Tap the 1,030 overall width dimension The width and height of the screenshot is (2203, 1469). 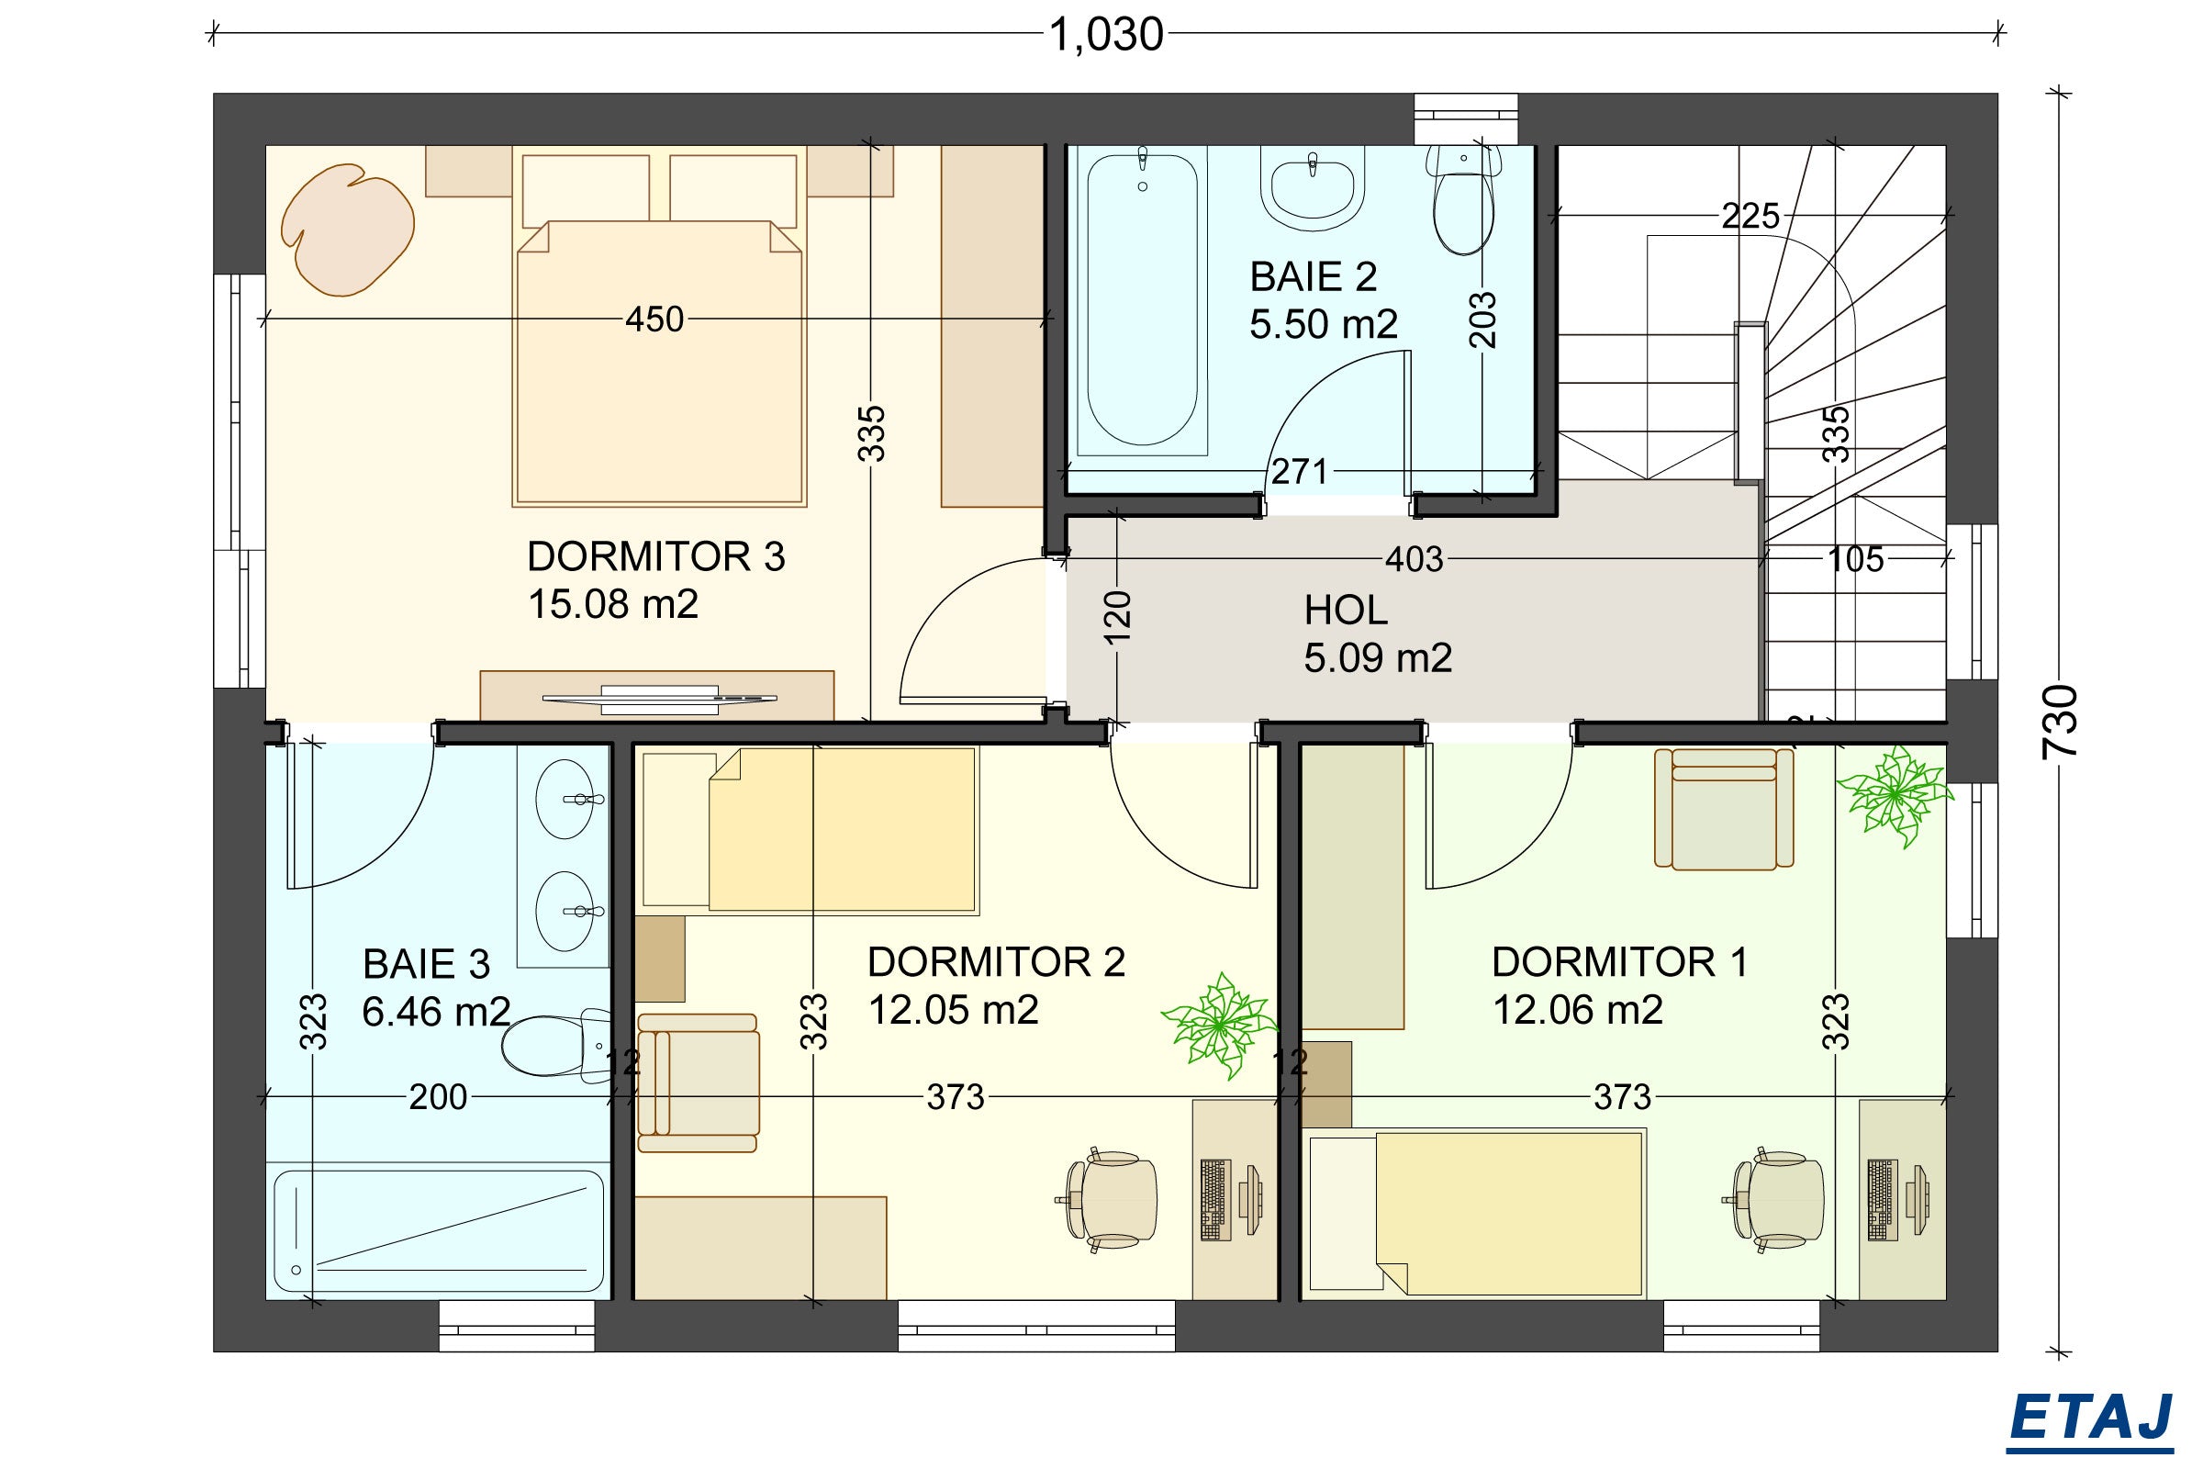click(x=1105, y=36)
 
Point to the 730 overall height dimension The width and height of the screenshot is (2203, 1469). click(x=2061, y=722)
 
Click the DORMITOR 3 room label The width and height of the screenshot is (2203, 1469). click(x=655, y=556)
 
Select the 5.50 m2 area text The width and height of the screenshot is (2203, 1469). click(x=1324, y=324)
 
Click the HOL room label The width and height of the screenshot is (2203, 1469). click(x=1346, y=611)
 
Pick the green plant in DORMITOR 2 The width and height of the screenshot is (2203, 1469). click(x=1219, y=1026)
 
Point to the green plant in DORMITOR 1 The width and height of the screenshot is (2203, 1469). click(x=1894, y=795)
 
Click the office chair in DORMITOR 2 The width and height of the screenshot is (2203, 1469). click(x=1111, y=1199)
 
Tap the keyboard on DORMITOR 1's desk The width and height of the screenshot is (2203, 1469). click(x=1878, y=1200)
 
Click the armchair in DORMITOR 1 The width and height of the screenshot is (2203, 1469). click(x=1724, y=809)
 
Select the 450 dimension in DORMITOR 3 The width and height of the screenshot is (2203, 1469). click(x=654, y=320)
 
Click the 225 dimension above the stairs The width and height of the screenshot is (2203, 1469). click(x=1750, y=217)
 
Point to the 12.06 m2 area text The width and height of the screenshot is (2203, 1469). click(x=1577, y=1010)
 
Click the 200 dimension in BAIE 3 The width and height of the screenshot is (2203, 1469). click(x=438, y=1096)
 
